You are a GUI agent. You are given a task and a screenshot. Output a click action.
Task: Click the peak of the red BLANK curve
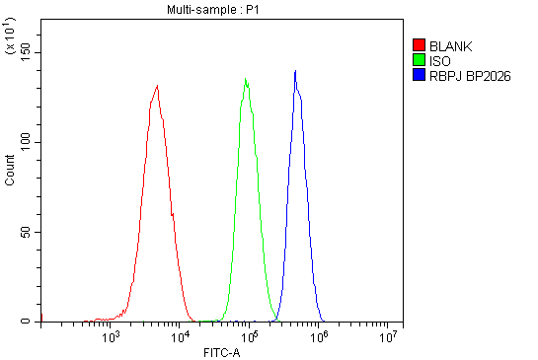157,86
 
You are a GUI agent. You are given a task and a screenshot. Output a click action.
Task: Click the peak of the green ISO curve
246,79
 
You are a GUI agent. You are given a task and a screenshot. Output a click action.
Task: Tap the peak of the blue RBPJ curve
295,71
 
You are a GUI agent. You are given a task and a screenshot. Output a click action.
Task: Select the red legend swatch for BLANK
420,45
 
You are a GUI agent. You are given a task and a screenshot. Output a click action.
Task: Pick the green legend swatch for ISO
420,60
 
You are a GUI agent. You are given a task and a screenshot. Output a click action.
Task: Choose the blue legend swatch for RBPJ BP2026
420,75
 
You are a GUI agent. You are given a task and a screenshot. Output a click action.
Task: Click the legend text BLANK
451,45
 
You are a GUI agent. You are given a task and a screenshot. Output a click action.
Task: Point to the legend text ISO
440,60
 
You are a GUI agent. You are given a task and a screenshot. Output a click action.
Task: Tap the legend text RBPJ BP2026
470,75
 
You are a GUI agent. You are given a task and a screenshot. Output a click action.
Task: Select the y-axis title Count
10,171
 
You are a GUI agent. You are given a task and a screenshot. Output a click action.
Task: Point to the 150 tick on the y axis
27,51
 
